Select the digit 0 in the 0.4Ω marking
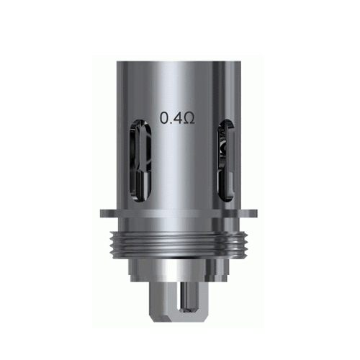[163, 117]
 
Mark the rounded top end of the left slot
[138, 124]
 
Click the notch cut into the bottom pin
[180, 302]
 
